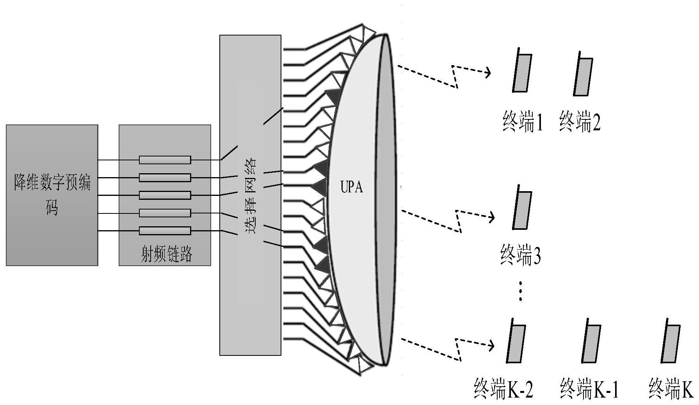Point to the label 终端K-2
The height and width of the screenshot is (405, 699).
coord(503,388)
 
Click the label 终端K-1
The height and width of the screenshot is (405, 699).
coord(589,388)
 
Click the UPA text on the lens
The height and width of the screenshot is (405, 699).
coord(352,187)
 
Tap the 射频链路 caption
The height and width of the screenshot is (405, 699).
coord(166,254)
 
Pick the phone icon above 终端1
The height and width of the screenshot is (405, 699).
coord(522,72)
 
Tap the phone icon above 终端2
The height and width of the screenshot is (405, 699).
coord(583,75)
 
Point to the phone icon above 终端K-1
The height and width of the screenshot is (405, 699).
coord(591,343)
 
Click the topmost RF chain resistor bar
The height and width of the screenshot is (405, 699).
coord(165,160)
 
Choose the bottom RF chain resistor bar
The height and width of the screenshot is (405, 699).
coord(165,231)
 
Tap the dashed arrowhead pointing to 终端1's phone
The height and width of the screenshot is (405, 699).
coord(487,72)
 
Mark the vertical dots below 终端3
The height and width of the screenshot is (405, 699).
coord(520,291)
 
